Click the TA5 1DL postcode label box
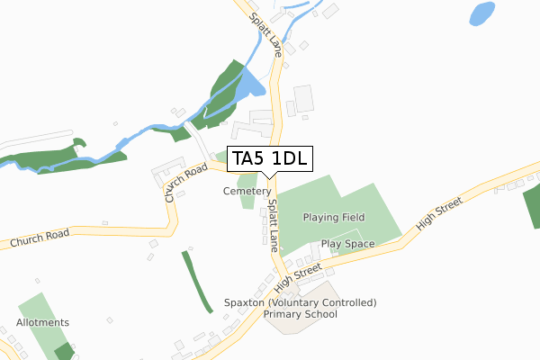click(x=270, y=159)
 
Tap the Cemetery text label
click(x=247, y=192)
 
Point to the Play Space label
click(x=347, y=243)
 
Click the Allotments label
click(x=42, y=322)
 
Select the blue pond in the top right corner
click(x=481, y=13)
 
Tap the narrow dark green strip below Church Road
click(x=197, y=281)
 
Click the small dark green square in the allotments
click(x=62, y=351)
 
